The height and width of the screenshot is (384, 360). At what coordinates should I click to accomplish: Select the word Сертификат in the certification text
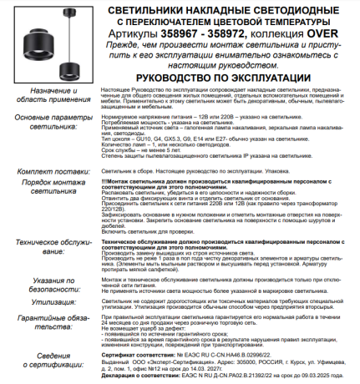[x=115, y=353]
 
